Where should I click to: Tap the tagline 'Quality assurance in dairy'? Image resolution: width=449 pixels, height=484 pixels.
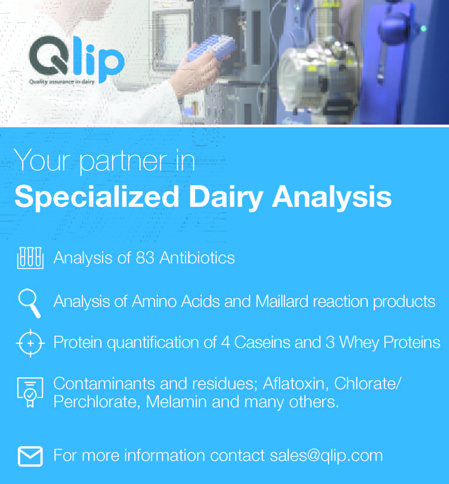62,82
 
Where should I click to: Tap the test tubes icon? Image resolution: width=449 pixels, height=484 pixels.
30,258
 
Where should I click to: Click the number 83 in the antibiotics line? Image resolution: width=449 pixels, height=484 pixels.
145,258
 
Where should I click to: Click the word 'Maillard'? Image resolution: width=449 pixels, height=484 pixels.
282,301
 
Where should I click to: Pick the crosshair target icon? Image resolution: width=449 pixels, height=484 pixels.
30,343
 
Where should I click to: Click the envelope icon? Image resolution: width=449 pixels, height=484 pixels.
30,456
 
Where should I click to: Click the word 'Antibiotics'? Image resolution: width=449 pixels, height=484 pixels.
197,258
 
